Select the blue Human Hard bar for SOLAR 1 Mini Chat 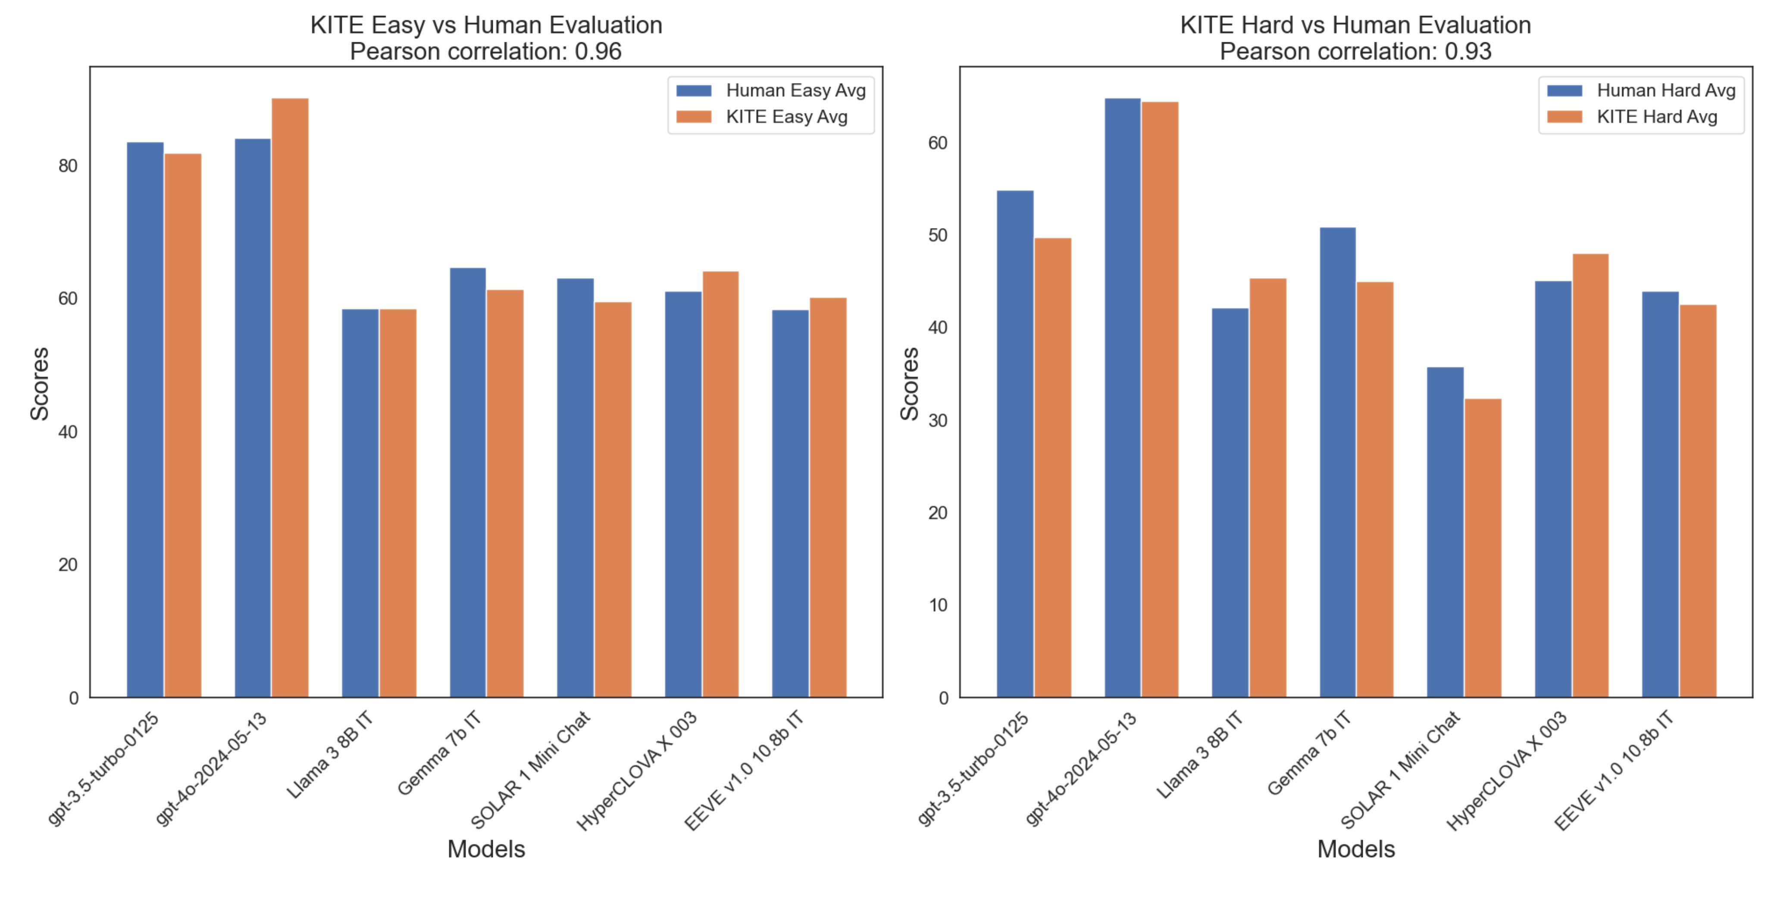point(1445,532)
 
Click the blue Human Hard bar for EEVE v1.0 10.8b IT point(1661,494)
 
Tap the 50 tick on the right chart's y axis point(938,235)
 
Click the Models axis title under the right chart point(1355,849)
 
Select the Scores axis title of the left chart point(39,384)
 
